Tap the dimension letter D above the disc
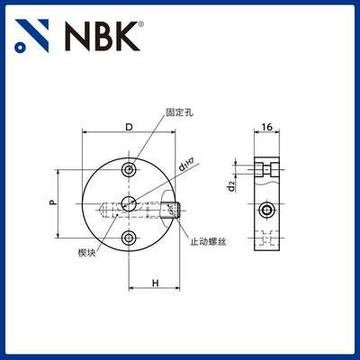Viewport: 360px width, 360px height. [129, 127]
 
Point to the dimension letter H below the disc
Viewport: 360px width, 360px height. [155, 283]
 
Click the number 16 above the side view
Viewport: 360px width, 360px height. [266, 128]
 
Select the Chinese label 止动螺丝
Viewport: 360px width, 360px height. [209, 240]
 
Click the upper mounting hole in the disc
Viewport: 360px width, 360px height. [130, 170]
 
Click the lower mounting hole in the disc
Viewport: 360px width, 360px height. [130, 238]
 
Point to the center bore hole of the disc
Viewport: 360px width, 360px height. [130, 204]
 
